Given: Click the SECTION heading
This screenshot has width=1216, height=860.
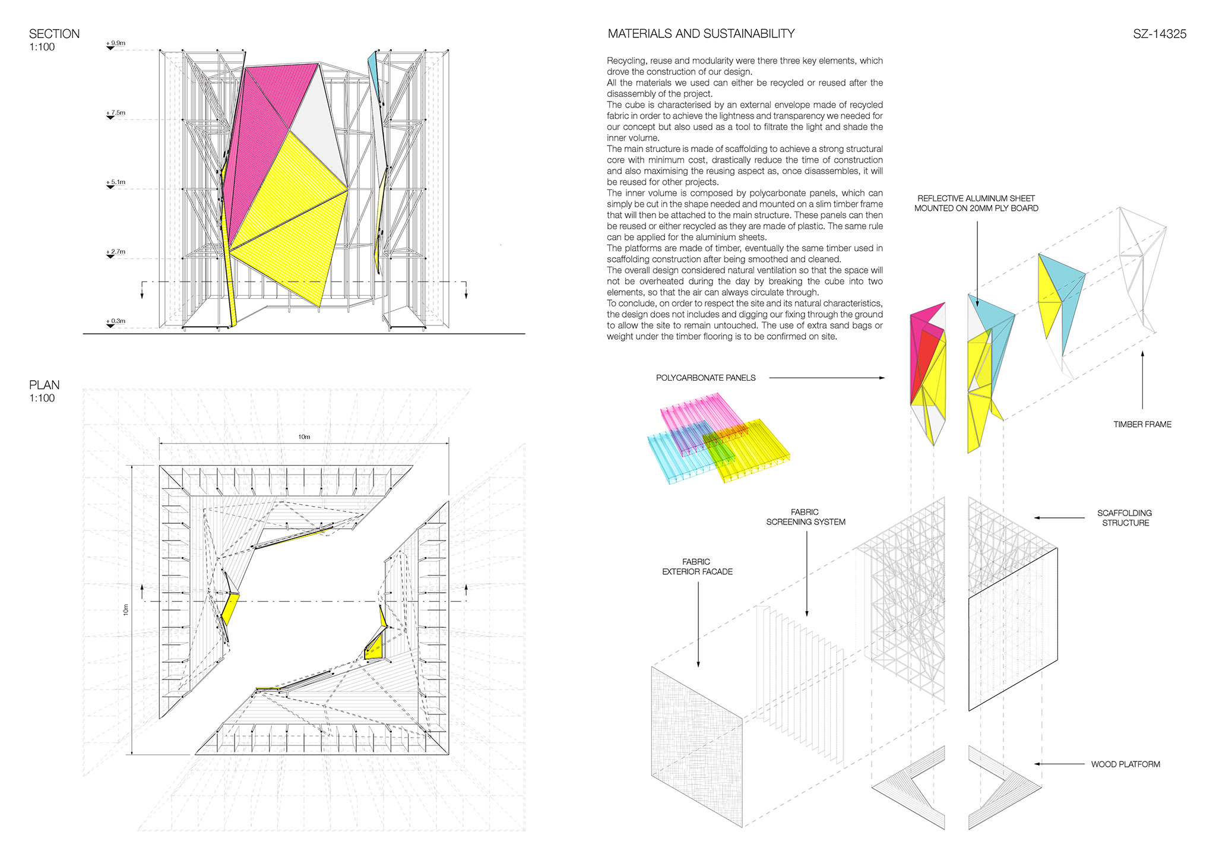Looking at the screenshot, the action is (x=54, y=34).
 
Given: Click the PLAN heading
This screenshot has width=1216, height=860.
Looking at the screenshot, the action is (x=44, y=385).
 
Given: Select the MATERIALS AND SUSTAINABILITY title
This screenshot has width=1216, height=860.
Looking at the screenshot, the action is (x=701, y=34).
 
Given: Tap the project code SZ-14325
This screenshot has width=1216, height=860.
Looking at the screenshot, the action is (x=1160, y=34).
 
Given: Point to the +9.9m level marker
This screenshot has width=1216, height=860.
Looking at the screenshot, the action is (x=116, y=43).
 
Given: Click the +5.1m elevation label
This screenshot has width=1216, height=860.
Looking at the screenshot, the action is (x=116, y=182).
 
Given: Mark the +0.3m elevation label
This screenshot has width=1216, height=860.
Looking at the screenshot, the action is (x=116, y=321).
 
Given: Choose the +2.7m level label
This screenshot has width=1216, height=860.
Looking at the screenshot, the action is (x=116, y=252).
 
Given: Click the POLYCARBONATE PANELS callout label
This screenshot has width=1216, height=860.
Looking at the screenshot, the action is (x=706, y=378).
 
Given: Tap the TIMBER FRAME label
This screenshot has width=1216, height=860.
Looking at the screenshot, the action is (x=1142, y=424).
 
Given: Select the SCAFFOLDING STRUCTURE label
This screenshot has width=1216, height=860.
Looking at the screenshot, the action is (x=1125, y=518).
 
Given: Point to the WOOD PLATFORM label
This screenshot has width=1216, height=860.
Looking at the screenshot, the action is (x=1126, y=764).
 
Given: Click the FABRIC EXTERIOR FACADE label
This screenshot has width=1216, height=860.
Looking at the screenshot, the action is (x=697, y=567).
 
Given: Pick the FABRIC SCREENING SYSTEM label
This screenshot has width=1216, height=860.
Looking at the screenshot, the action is (x=806, y=517).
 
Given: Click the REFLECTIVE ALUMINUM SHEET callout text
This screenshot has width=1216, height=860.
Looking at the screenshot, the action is (x=976, y=203).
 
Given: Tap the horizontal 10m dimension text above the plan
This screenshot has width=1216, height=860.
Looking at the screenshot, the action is (x=304, y=437).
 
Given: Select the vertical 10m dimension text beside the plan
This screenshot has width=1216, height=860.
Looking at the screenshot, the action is (x=126, y=609).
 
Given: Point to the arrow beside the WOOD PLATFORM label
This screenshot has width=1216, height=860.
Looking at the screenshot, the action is (x=1059, y=764).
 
